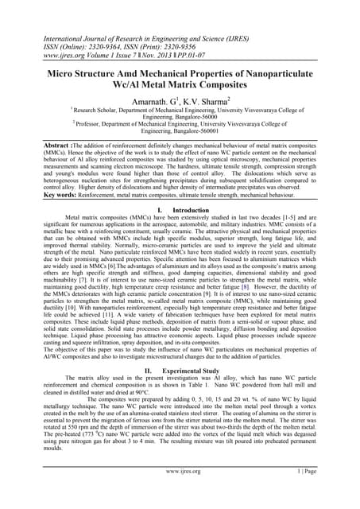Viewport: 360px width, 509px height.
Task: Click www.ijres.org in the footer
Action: [x=180, y=494]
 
